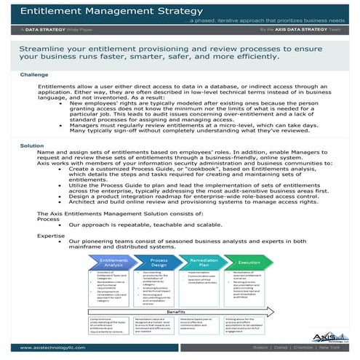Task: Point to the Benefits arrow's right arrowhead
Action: tap(271, 309)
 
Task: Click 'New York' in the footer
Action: tap(334, 348)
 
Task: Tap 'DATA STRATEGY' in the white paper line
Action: tap(44, 33)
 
